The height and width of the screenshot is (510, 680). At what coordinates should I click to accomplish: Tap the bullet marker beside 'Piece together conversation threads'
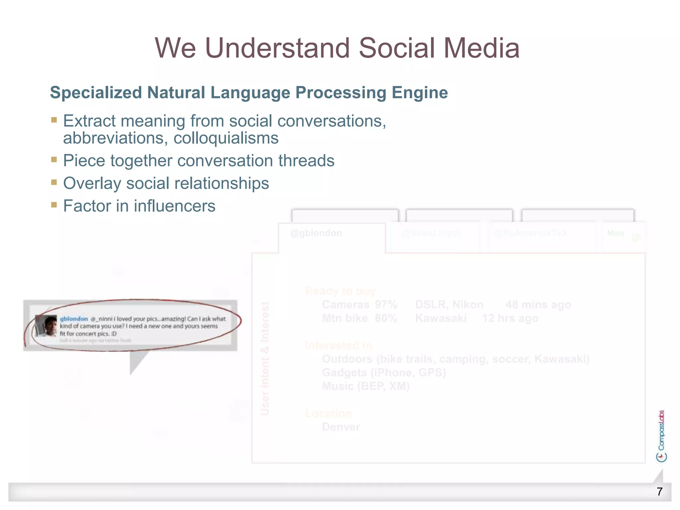[x=54, y=160]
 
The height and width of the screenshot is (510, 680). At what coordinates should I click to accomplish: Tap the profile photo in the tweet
[x=46, y=325]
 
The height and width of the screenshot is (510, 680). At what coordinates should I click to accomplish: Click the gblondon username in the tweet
[x=74, y=319]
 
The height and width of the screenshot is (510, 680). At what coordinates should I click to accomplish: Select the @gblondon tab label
[x=316, y=233]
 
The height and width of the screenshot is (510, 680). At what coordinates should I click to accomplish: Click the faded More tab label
[x=616, y=233]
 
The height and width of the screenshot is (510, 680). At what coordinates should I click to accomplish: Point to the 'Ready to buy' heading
[x=340, y=291]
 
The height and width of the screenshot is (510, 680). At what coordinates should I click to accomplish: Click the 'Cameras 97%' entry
[x=359, y=305]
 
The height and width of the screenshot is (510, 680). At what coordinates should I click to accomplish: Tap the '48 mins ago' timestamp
[x=538, y=305]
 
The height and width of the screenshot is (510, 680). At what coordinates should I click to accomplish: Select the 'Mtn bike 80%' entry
[x=359, y=318]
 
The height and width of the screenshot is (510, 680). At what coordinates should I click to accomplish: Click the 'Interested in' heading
[x=338, y=346]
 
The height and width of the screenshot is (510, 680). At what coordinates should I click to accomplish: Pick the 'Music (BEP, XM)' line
[x=366, y=386]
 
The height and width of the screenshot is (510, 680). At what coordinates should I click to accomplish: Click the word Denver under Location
[x=341, y=427]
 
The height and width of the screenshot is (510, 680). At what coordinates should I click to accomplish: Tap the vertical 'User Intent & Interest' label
[x=265, y=359]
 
